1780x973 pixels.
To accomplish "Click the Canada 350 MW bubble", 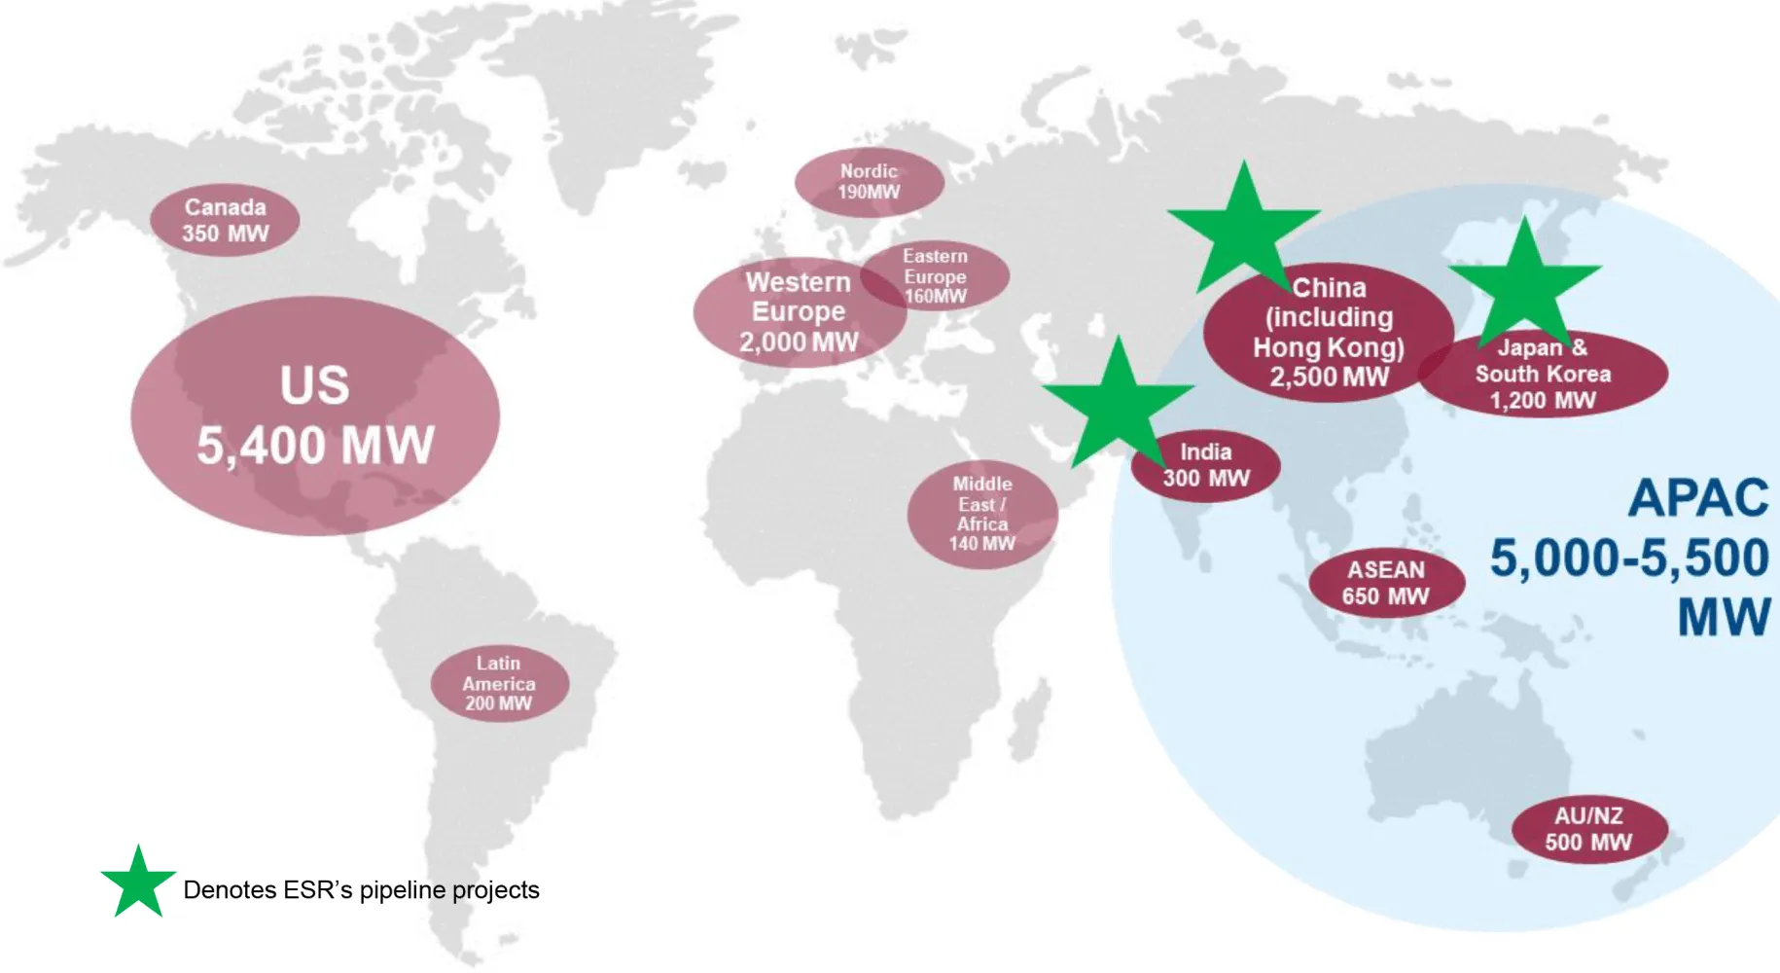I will [x=225, y=220].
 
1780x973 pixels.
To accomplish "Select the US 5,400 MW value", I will [x=315, y=446].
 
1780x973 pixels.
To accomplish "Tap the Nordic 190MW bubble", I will [x=869, y=181].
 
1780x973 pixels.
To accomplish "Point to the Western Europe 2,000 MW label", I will [x=798, y=311].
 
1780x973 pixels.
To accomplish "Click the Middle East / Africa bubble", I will [x=982, y=514].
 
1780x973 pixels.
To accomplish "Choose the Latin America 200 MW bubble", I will [x=499, y=683].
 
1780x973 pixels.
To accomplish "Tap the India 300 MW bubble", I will [x=1206, y=465].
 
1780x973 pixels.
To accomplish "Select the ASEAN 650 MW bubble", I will [x=1386, y=583].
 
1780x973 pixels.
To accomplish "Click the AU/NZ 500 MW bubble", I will [x=1588, y=829].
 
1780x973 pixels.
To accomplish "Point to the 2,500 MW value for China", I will [x=1329, y=377].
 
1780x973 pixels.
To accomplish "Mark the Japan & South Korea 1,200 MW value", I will [x=1543, y=400].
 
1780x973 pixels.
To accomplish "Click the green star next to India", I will [x=1118, y=401].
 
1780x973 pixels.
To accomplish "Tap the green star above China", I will [x=1243, y=228].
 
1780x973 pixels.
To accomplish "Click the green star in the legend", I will [x=138, y=883].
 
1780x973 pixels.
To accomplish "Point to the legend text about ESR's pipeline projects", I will [x=361, y=889].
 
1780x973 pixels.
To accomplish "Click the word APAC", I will [x=1698, y=498].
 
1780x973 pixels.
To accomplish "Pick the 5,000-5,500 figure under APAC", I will [x=1629, y=558].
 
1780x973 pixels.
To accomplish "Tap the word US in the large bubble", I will [x=314, y=384].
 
